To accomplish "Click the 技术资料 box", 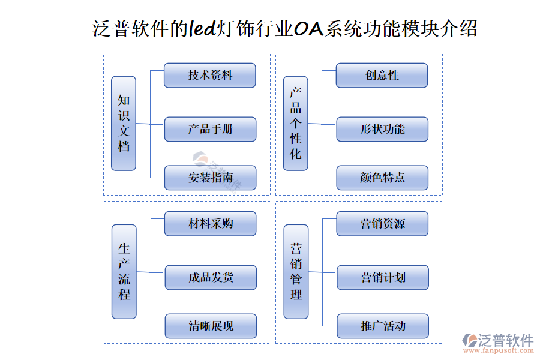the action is click(210, 75).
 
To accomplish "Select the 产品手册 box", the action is click(210, 129).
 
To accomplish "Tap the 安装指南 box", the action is click(210, 178).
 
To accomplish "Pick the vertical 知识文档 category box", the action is click(124, 124).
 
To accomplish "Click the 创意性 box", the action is click(382, 75).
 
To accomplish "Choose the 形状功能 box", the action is click(382, 129).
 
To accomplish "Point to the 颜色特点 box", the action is click(382, 178).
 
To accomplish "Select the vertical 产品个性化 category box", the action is click(295, 124).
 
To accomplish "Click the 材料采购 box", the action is click(210, 224).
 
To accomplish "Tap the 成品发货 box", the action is click(211, 277).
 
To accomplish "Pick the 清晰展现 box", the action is click(211, 326).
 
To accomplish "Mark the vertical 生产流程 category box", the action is click(124, 272).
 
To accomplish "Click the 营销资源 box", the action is click(382, 224).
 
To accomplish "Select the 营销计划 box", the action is click(383, 277).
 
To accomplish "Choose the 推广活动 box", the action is click(383, 326).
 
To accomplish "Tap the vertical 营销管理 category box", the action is click(296, 272).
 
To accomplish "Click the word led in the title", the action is click(202, 28).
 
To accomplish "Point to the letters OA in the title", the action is click(309, 29).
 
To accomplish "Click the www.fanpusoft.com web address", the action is click(499, 350).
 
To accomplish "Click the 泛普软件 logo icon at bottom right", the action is click(470, 340).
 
